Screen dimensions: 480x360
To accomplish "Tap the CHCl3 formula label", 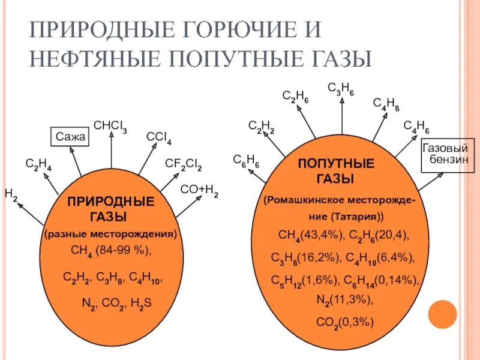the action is [110, 126].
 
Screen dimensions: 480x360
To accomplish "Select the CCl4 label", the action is [158, 137].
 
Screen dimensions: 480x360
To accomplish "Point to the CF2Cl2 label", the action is [183, 164].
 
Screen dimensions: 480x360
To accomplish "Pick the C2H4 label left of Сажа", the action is [38, 164].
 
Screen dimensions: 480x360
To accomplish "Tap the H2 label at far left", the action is [11, 193].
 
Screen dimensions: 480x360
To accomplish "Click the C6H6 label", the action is [246, 160].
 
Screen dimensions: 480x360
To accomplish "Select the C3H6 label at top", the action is [340, 89].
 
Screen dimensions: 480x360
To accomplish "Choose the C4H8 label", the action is [386, 104].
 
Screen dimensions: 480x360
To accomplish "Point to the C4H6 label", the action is [416, 127].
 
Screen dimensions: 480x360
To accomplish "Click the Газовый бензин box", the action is [445, 153].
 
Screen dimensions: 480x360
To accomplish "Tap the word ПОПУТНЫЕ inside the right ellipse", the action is [336, 164].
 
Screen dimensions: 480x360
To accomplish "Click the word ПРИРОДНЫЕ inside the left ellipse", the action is [110, 201].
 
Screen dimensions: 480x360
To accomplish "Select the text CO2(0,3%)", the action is [344, 322].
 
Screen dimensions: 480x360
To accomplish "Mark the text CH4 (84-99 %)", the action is [112, 250].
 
